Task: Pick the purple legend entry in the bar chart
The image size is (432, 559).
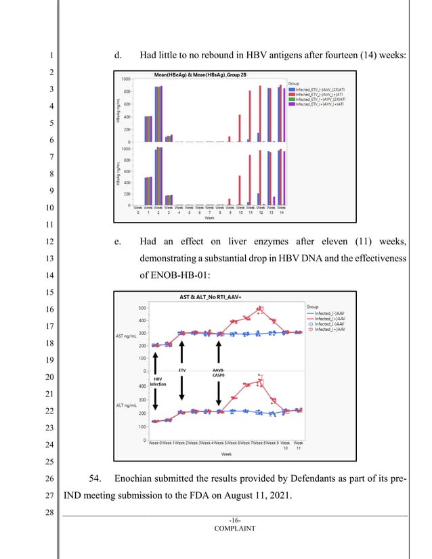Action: [316, 105]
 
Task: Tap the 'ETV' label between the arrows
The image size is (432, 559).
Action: [181, 372]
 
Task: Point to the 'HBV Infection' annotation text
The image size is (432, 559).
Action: [158, 382]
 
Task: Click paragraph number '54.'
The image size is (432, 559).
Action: [95, 480]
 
